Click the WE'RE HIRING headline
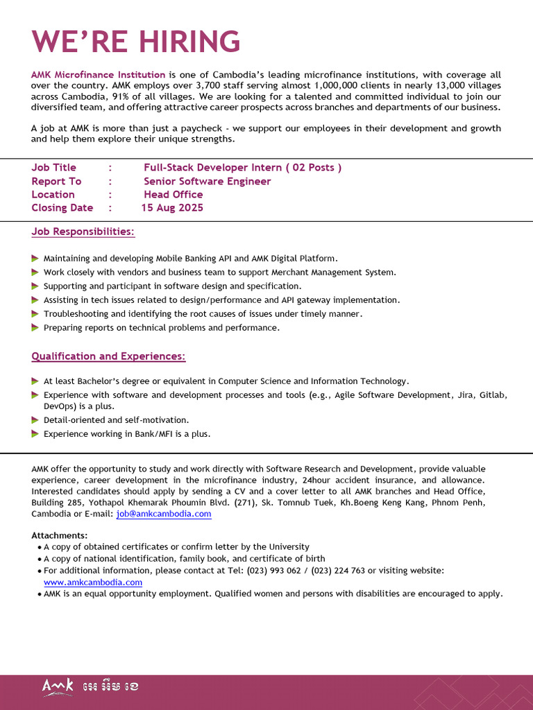click(x=136, y=42)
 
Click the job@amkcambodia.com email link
click(x=164, y=514)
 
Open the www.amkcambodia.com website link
click(x=93, y=582)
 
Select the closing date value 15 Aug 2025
click(x=173, y=208)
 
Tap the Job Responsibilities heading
click(x=83, y=232)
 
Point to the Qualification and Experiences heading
click(x=108, y=356)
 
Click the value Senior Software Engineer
click(x=207, y=181)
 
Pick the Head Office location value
click(x=174, y=195)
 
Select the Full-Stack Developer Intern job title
click(x=242, y=168)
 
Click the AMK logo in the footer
click(x=58, y=686)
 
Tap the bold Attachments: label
click(x=60, y=535)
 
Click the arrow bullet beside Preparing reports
click(x=35, y=328)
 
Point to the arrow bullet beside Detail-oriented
click(x=35, y=420)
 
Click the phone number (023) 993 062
click(x=278, y=571)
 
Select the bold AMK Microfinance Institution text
click(x=99, y=74)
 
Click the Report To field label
click(x=56, y=181)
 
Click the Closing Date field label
click(x=62, y=208)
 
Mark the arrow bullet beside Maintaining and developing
click(x=35, y=258)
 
